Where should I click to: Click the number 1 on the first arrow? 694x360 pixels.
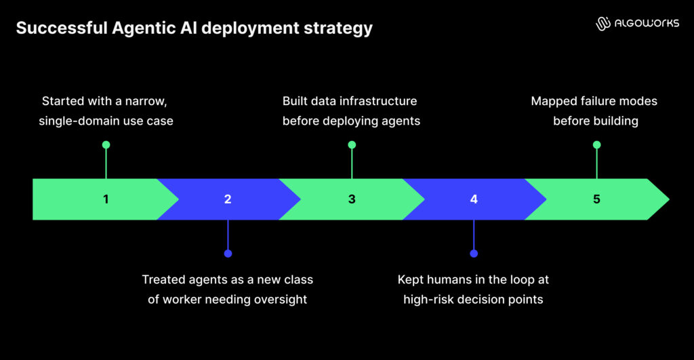pos(106,199)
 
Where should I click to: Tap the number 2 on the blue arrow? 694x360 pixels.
pos(228,199)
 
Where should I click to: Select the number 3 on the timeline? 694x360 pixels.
pos(352,199)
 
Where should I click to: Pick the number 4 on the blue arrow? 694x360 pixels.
pos(474,199)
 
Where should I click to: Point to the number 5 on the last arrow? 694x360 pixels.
pos(596,199)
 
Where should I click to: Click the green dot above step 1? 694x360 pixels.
pos(106,144)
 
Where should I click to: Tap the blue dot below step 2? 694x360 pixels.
pos(228,254)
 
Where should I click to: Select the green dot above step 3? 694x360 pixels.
pos(352,144)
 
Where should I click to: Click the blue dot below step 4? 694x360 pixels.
pos(474,254)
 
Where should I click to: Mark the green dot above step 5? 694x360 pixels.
pos(596,144)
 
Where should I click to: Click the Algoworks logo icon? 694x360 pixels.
pos(603,24)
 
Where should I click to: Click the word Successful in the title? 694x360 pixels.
pos(52,28)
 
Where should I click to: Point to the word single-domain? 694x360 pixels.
pos(74,121)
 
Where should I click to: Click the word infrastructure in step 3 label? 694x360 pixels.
pos(379,101)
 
